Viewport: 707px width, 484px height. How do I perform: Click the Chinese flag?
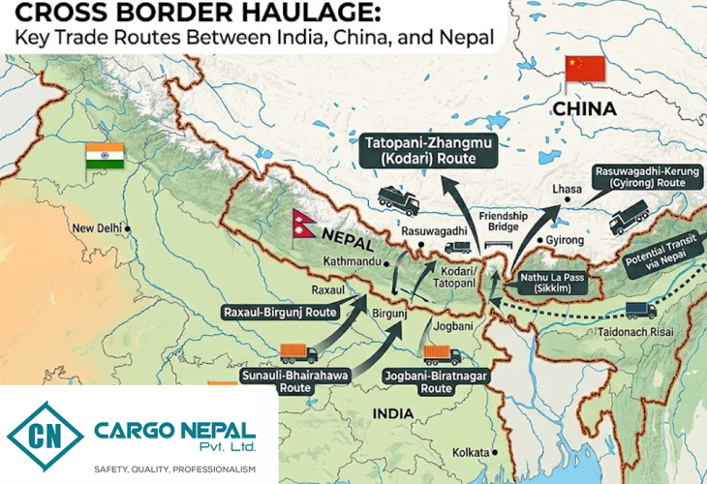tap(585, 69)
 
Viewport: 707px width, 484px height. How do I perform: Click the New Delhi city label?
tap(97, 227)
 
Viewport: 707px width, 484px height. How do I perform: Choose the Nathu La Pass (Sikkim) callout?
tap(548, 283)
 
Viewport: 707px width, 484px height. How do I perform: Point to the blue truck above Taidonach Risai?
tap(640, 310)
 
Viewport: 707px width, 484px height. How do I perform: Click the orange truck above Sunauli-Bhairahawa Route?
tap(297, 353)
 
